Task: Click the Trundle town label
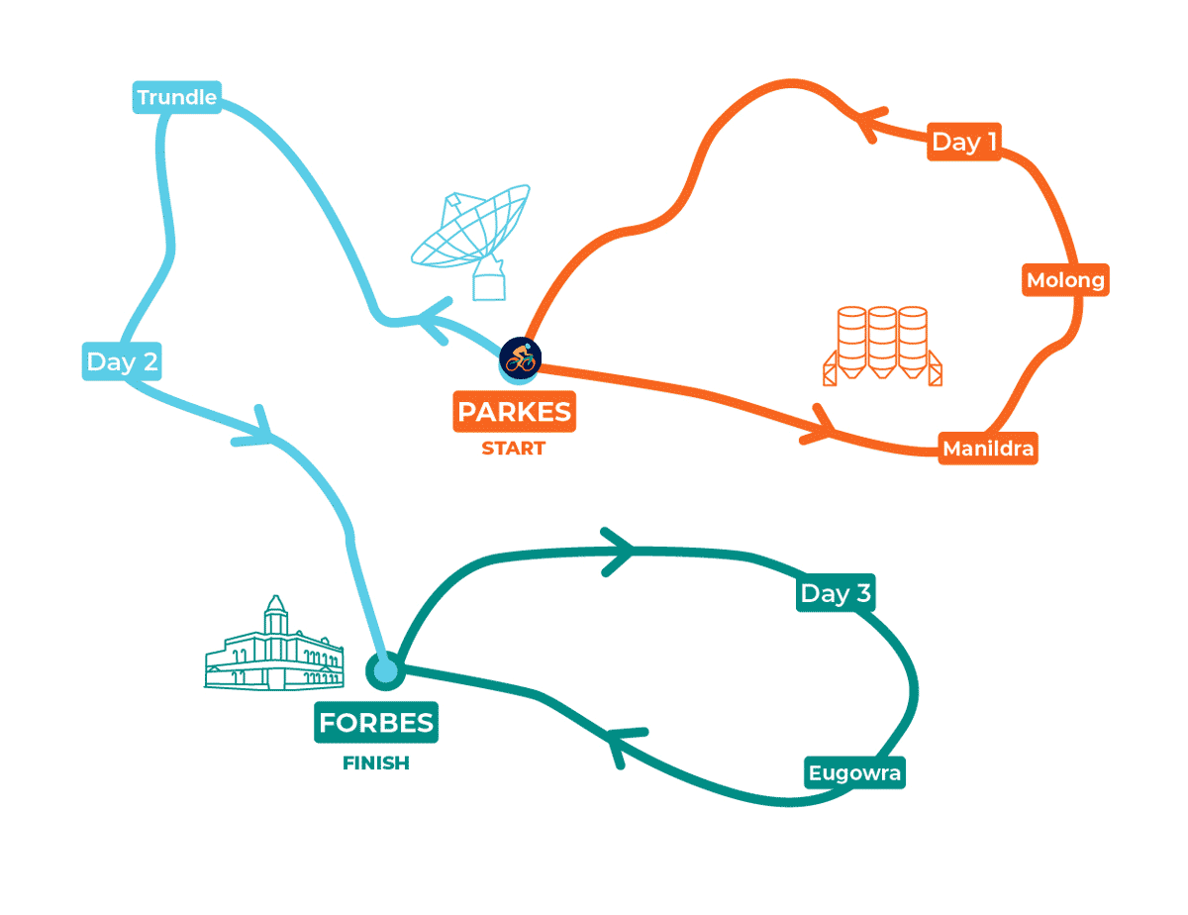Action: click(176, 97)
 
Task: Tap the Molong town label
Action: click(1064, 280)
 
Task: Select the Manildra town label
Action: click(988, 449)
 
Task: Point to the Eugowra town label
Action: click(854, 772)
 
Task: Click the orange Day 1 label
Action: click(963, 143)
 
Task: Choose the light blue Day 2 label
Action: click(122, 361)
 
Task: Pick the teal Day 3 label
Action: click(836, 593)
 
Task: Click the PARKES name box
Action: click(515, 411)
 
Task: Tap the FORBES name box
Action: click(376, 723)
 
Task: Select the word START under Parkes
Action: click(513, 449)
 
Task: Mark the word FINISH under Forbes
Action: click(376, 763)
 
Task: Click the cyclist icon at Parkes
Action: click(519, 357)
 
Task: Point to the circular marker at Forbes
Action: click(384, 671)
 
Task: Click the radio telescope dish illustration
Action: click(472, 239)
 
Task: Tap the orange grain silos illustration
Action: click(882, 345)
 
